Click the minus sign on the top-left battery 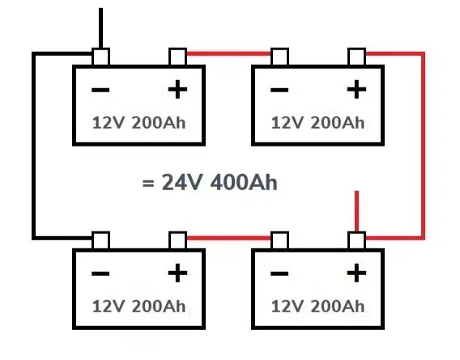100,90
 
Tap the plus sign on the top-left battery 177,89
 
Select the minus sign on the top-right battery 279,90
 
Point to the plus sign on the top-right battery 356,89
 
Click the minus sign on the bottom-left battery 100,273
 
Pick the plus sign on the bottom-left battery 177,273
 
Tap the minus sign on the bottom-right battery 279,273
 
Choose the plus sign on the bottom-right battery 356,273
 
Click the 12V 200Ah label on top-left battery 138,122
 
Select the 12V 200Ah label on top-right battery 317,122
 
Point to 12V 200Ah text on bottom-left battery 138,307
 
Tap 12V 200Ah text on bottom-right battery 317,307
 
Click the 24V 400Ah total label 219,182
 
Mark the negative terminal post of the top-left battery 101,57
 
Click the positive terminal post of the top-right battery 356,57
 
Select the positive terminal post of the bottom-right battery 356,241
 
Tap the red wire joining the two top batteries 228,53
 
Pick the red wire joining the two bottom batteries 228,238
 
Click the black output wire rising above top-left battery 101,28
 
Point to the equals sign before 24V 148,184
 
